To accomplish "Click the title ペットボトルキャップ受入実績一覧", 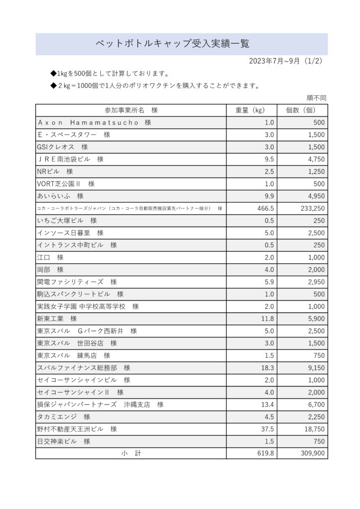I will tap(172, 44).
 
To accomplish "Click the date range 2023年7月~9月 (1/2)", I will tap(286, 61).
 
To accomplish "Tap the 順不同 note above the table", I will tap(316, 98).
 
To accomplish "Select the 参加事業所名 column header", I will tap(131, 110).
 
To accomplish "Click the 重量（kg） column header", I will tap(252, 110).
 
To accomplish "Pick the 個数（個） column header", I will tap(302, 110).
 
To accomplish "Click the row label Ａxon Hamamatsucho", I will tap(94, 123).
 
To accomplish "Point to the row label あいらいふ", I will tap(60, 196).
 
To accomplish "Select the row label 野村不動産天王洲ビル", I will tap(77, 429).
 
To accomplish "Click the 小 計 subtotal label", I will tap(131, 453).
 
